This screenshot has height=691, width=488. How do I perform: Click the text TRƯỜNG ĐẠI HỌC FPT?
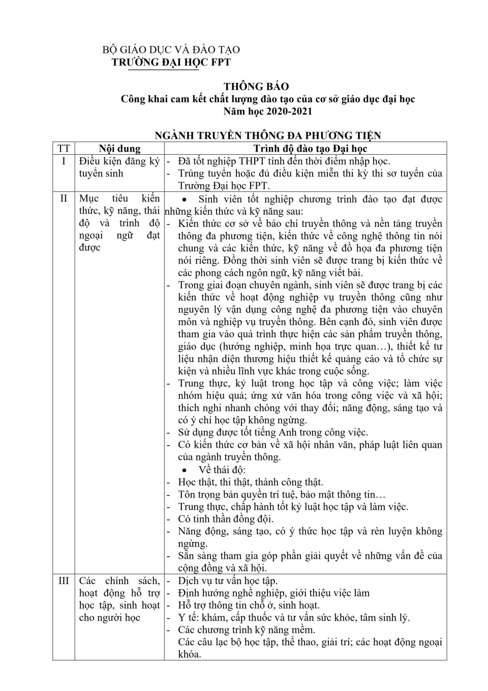[x=171, y=62]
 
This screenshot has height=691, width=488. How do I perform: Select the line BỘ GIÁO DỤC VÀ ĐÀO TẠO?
[x=171, y=50]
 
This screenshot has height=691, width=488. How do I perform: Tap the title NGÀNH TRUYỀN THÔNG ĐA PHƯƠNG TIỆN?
[x=268, y=135]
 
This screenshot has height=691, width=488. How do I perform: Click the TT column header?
[x=64, y=149]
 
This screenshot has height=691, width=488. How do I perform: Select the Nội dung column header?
[x=119, y=149]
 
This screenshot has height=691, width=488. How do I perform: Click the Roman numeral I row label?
[x=64, y=161]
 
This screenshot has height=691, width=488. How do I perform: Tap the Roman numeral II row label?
[x=64, y=198]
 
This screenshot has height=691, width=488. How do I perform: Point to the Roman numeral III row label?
[x=64, y=581]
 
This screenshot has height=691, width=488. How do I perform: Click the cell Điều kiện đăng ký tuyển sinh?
[x=119, y=167]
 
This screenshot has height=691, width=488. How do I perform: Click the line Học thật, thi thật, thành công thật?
[x=250, y=482]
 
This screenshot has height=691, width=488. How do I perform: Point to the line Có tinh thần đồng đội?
[x=226, y=519]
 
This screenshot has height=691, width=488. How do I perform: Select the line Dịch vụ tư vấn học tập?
[x=228, y=581]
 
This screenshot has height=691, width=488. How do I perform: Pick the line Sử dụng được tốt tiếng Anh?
[x=272, y=433]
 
